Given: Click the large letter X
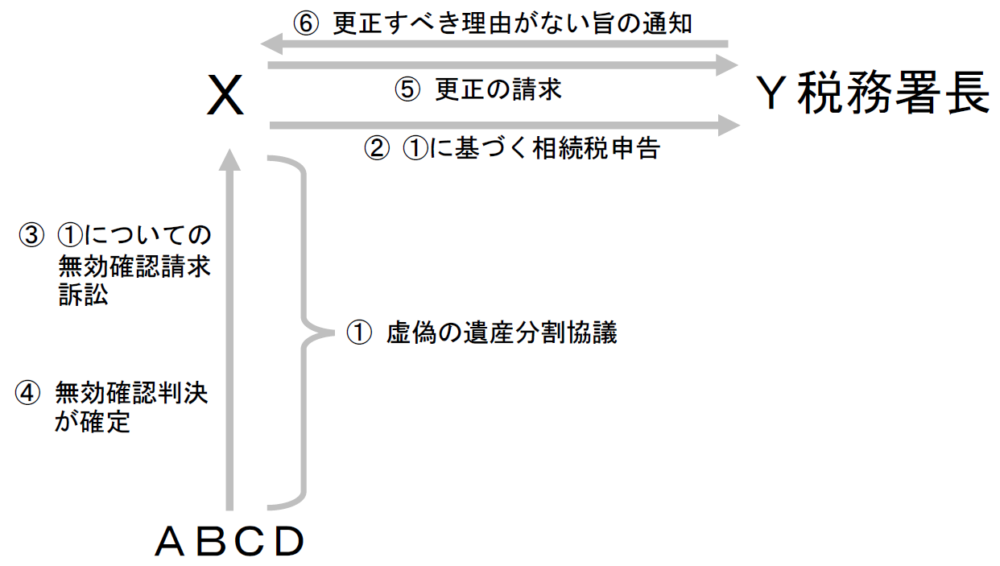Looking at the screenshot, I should click(225, 97).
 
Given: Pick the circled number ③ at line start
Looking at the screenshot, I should click(31, 235).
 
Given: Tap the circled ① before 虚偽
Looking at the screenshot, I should click(359, 333).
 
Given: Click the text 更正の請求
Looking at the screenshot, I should click(498, 89).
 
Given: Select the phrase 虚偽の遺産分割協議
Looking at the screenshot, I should click(502, 333).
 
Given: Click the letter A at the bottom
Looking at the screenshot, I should click(171, 543).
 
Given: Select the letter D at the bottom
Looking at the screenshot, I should click(289, 543).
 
